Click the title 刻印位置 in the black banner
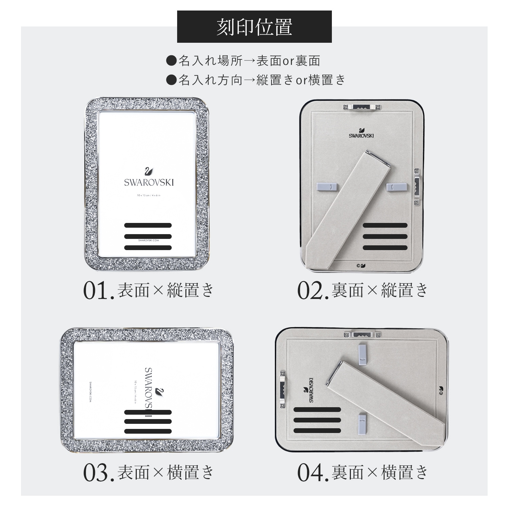(254, 27)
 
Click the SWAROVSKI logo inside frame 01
(149, 178)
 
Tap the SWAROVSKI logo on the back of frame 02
(361, 133)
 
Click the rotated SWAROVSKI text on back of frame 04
(309, 390)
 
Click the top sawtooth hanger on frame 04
(361, 335)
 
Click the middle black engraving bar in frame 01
(148, 236)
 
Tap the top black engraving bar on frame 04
(317, 410)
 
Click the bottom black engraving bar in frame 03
(148, 431)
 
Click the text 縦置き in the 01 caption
(190, 291)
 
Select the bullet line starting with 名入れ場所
(243, 61)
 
